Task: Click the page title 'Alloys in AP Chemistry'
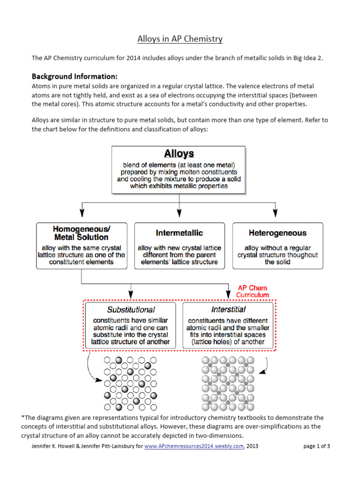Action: point(180,39)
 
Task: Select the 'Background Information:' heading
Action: point(75,76)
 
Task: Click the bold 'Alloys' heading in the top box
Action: point(179,154)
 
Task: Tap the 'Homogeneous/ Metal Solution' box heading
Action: point(82,232)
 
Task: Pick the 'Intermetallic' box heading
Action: point(179,232)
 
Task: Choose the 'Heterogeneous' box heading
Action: point(277,232)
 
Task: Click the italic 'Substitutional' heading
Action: point(131,309)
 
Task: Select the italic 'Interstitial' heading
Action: point(228,309)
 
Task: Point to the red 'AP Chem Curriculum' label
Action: point(253,292)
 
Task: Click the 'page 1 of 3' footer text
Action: point(317,446)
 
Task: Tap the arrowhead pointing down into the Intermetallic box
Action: point(180,212)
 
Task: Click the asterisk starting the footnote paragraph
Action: point(22,417)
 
